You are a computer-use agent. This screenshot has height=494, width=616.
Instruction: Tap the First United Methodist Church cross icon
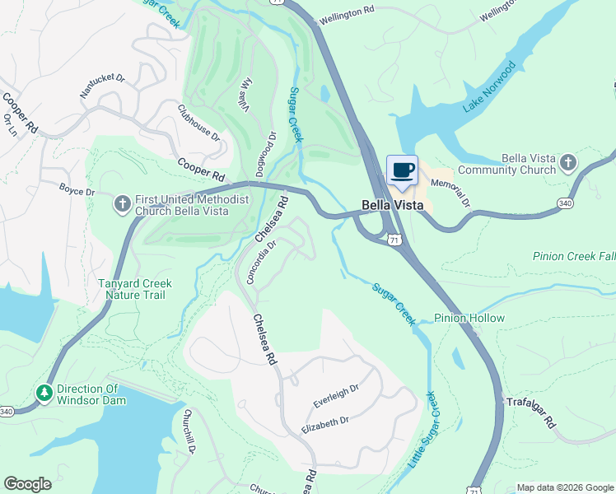(122, 203)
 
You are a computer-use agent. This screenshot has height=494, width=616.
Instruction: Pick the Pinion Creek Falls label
(573, 257)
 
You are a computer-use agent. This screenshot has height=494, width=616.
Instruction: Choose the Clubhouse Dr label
(199, 122)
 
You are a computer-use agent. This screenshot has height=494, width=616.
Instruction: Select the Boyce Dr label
(77, 191)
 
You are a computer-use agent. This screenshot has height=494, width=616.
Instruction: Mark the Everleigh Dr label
(336, 396)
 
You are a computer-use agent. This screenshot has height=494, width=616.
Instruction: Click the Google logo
(27, 484)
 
